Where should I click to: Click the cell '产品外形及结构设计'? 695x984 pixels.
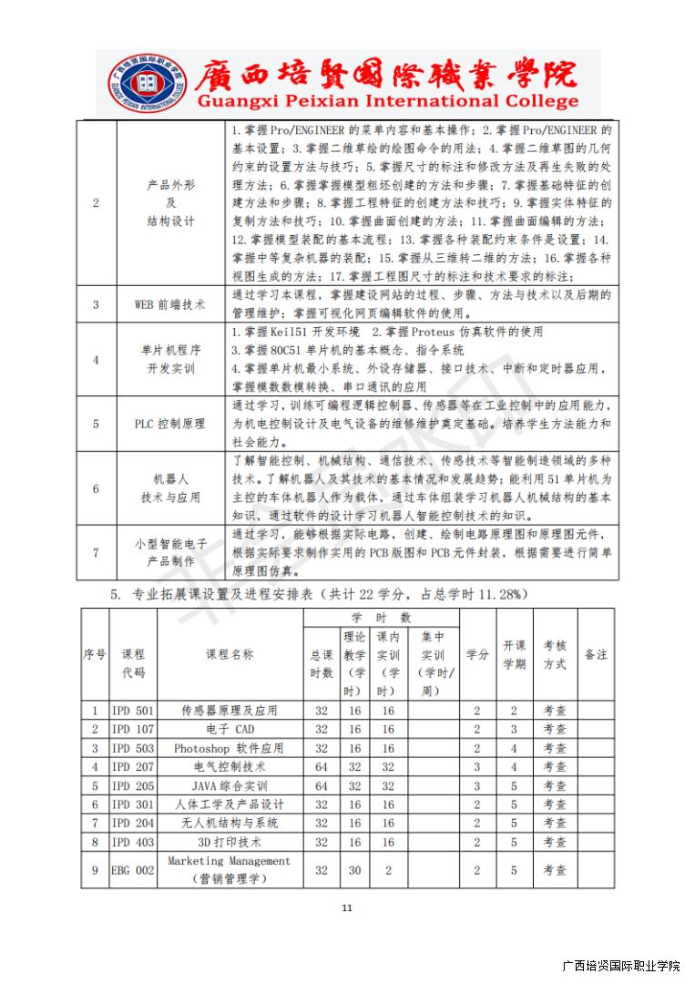coord(170,202)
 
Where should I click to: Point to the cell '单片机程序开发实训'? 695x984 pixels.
coord(170,359)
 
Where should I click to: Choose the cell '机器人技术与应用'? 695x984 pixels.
coord(170,487)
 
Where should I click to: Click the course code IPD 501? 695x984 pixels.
coord(133,711)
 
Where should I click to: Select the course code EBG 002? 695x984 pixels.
coord(133,870)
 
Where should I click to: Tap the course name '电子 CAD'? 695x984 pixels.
coord(230,729)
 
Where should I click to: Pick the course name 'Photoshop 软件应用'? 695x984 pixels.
coord(230,748)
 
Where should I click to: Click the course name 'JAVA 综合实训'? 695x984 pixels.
coord(230,785)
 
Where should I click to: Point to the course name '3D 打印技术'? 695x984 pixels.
coord(230,842)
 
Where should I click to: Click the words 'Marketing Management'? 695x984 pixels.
coord(230,861)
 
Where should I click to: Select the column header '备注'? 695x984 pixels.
coord(595,655)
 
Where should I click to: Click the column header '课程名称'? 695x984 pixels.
coord(230,655)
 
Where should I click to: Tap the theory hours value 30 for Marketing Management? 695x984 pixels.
coord(354,870)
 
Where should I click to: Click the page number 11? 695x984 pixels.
coord(346,907)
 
